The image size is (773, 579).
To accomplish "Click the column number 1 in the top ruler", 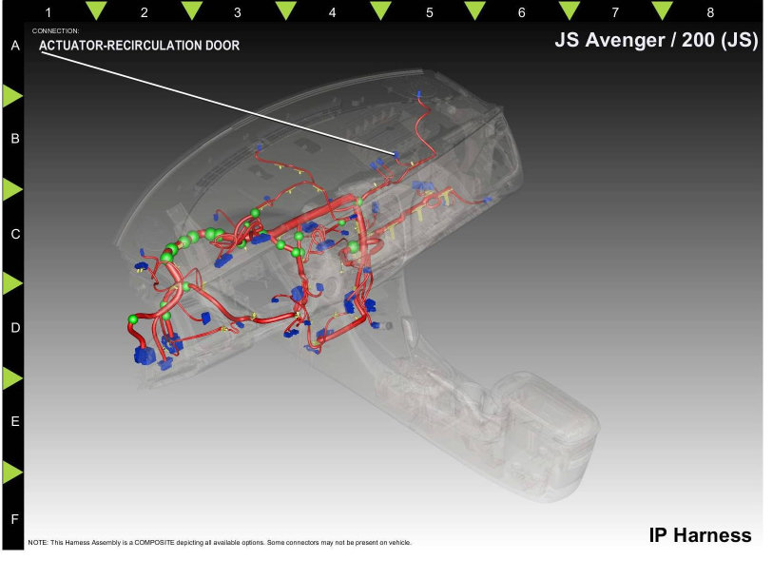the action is tap(48, 12).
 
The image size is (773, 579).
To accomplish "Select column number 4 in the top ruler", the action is tap(332, 12).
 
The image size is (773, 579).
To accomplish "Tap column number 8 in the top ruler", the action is tap(710, 12).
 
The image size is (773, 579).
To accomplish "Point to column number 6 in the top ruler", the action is tap(522, 12).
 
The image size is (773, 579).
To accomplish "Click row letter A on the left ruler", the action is tap(15, 46).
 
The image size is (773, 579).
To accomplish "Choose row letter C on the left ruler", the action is tap(15, 234).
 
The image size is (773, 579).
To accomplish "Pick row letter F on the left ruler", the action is tap(15, 519).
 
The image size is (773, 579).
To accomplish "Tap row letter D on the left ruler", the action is tap(15, 328).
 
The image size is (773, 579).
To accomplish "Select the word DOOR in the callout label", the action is tap(222, 46).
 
